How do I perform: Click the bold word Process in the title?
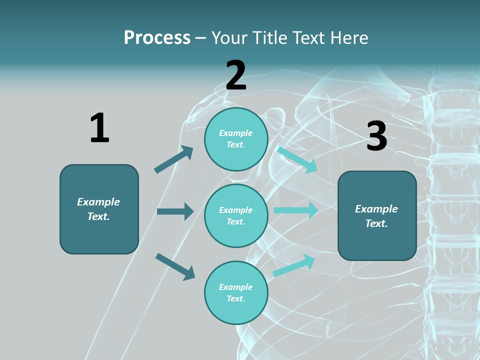pyautogui.click(x=157, y=37)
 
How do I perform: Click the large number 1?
pyautogui.click(x=99, y=128)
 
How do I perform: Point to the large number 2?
pyautogui.click(x=236, y=75)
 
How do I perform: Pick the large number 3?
pyautogui.click(x=376, y=136)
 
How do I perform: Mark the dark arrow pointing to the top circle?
pyautogui.click(x=174, y=159)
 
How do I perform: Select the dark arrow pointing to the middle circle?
pyautogui.click(x=175, y=211)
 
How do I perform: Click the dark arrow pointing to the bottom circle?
pyautogui.click(x=175, y=266)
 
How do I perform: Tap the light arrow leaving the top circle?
pyautogui.click(x=297, y=159)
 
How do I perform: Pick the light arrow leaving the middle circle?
pyautogui.click(x=296, y=210)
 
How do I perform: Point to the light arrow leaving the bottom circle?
pyautogui.click(x=294, y=265)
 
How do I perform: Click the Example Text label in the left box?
pyautogui.click(x=98, y=209)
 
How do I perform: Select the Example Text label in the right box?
pyautogui.click(x=376, y=216)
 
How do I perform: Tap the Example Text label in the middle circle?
pyautogui.click(x=236, y=215)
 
